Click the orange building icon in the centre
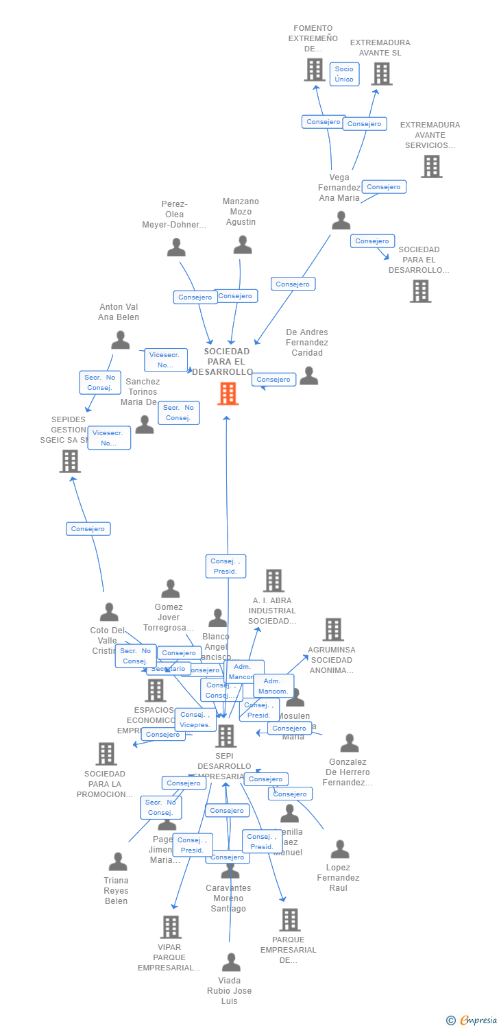pyautogui.click(x=228, y=393)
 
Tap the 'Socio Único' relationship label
pyautogui.click(x=344, y=74)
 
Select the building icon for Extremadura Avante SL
pyautogui.click(x=382, y=73)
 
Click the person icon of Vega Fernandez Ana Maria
pyautogui.click(x=341, y=220)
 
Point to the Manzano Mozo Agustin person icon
pyautogui.click(x=243, y=245)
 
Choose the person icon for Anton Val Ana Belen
pyautogui.click(x=121, y=340)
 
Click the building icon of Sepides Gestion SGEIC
pyautogui.click(x=70, y=461)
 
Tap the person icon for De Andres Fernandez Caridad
pyautogui.click(x=308, y=376)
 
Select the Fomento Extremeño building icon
pyautogui.click(x=315, y=70)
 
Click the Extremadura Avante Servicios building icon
pyautogui.click(x=431, y=167)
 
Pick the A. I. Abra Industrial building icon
pyautogui.click(x=273, y=580)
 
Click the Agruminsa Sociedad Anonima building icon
pyautogui.click(x=333, y=629)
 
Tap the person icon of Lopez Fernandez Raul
pyautogui.click(x=340, y=849)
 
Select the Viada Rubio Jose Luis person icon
pyautogui.click(x=231, y=962)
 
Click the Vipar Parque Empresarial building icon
pyautogui.click(x=171, y=927)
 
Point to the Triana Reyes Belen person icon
pyautogui.click(x=118, y=861)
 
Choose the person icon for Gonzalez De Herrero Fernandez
pyautogui.click(x=350, y=743)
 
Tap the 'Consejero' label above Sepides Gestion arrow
pyautogui.click(x=88, y=528)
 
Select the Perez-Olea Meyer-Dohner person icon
pyautogui.click(x=176, y=247)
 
